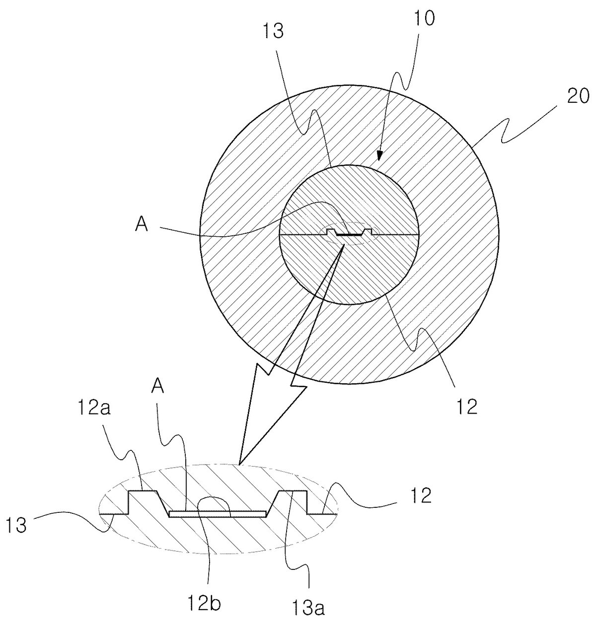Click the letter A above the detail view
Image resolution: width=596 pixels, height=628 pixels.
click(x=158, y=387)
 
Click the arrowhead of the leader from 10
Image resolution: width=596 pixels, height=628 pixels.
click(x=379, y=155)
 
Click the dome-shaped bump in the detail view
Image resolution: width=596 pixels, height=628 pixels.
click(x=215, y=505)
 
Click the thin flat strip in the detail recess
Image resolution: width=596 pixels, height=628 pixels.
click(x=218, y=514)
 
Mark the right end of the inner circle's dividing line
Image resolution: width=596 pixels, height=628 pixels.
click(x=418, y=234)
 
